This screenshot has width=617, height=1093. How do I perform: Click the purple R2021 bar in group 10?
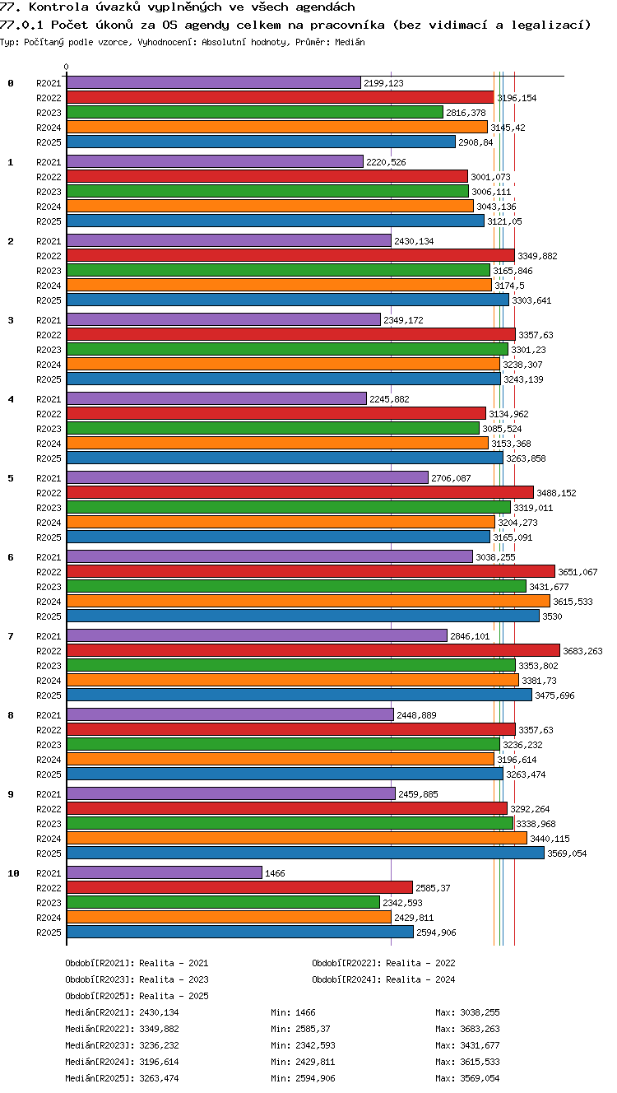(165, 872)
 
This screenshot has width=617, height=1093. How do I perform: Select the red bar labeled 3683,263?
(313, 650)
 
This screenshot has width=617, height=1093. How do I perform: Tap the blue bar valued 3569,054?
(305, 853)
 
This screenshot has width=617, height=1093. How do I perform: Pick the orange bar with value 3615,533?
(308, 601)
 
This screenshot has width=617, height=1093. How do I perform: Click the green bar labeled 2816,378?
(254, 112)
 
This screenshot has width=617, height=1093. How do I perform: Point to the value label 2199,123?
(384, 83)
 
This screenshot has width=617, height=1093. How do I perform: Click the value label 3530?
(552, 616)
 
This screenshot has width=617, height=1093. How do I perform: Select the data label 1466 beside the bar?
(275, 873)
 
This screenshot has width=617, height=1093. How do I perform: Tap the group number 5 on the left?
(11, 478)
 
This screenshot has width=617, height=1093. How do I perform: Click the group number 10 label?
(13, 873)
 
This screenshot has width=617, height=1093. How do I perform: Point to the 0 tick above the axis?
(67, 67)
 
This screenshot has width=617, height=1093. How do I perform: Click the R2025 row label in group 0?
(49, 142)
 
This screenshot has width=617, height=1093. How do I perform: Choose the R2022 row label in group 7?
(49, 651)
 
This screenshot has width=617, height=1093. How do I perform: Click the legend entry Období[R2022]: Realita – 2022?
(383, 963)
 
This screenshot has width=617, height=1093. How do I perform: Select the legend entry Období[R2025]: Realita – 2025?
(137, 996)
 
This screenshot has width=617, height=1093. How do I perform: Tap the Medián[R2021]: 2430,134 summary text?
(122, 1012)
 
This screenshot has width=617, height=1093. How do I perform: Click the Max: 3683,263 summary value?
(467, 1029)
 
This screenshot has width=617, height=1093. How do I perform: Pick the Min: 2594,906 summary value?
(303, 1078)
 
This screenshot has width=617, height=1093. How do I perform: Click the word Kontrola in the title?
(58, 7)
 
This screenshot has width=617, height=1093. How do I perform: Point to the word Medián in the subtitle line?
(350, 42)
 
